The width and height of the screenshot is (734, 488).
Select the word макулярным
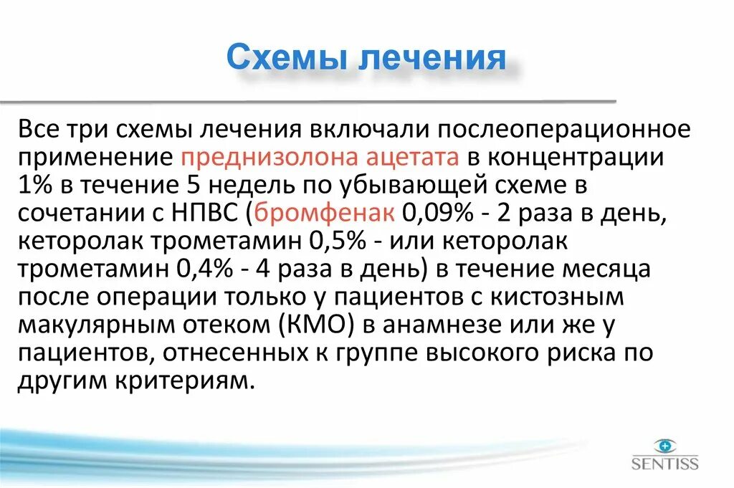[x=100, y=325]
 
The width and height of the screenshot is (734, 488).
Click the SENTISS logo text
[x=664, y=464]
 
